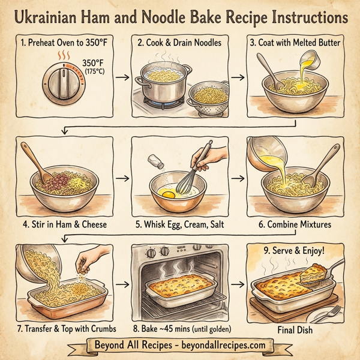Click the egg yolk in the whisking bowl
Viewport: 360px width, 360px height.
point(168,194)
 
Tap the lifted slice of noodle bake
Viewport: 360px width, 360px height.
point(319,275)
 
